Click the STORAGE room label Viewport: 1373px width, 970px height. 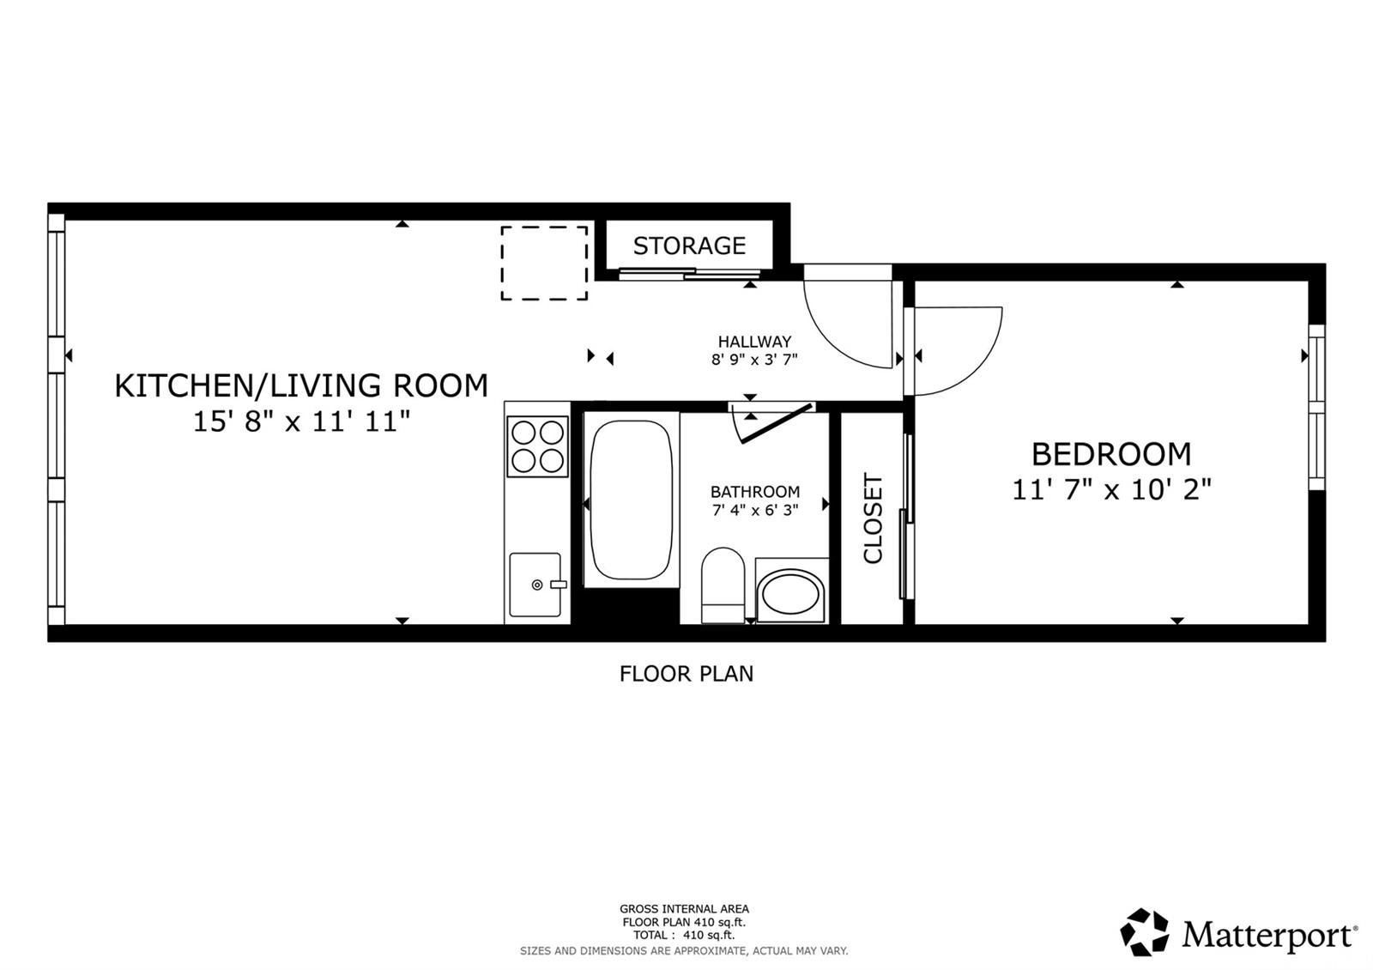point(689,246)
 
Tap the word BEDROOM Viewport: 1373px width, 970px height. point(1111,454)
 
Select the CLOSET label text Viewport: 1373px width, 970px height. point(872,518)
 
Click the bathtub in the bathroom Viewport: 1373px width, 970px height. point(632,500)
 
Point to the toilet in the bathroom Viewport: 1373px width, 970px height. point(723,585)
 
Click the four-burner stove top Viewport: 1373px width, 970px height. point(537,446)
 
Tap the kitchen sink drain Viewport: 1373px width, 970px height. point(537,585)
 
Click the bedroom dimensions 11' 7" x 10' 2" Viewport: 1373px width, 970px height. point(1111,490)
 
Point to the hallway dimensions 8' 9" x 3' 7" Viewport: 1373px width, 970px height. point(754,360)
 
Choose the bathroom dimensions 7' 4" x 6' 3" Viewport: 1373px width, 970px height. point(755,510)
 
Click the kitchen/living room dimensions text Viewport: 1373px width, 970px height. point(301,421)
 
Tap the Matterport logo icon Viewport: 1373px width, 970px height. point(1144,932)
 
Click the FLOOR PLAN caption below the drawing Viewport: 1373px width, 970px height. point(686,674)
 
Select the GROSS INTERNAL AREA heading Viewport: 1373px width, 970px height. point(684,909)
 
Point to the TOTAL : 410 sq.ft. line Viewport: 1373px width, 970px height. point(684,935)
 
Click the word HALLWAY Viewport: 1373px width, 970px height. point(754,342)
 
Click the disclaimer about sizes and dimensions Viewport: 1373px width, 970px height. point(684,951)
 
